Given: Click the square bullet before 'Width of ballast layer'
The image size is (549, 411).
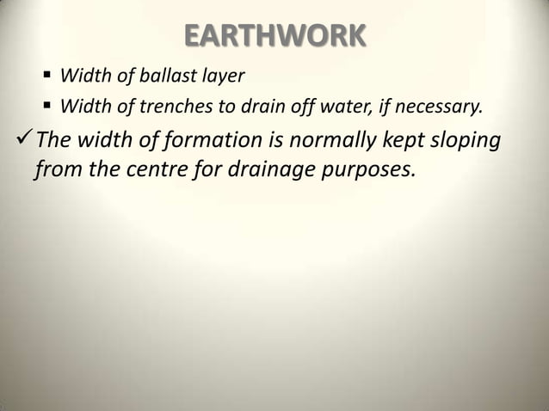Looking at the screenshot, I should (47, 77).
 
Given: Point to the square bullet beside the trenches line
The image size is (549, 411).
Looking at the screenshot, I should (47, 107).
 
